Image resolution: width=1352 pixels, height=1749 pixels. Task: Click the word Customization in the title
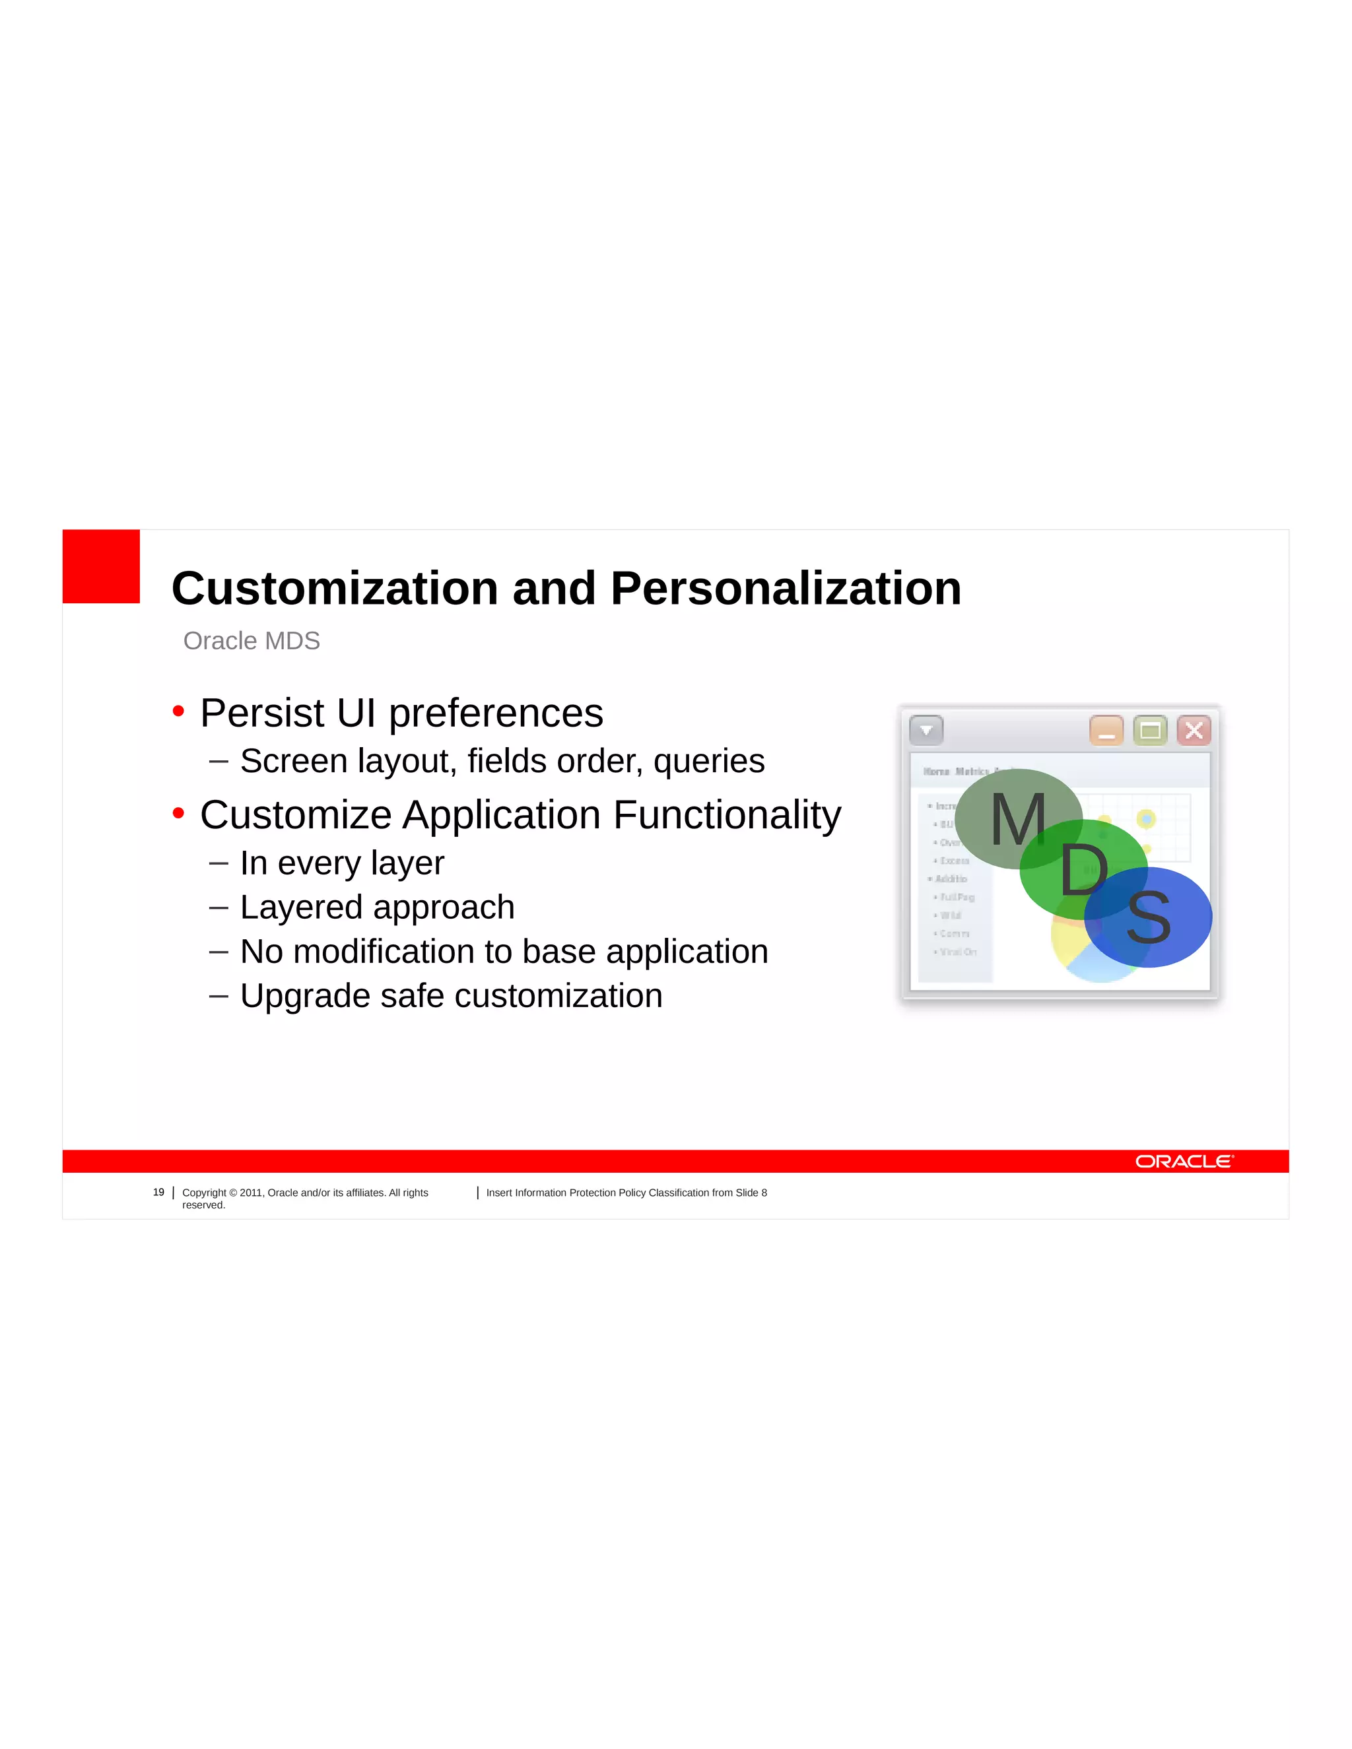(x=335, y=589)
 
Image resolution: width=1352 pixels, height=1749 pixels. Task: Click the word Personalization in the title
(x=786, y=589)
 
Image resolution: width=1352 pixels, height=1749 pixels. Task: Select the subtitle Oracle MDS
(x=252, y=641)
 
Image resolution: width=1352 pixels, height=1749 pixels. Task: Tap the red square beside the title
(x=101, y=566)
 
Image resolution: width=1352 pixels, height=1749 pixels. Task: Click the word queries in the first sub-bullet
(x=709, y=762)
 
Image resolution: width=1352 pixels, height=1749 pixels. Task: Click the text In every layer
(x=342, y=863)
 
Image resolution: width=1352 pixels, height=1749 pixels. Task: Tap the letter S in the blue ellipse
(x=1148, y=918)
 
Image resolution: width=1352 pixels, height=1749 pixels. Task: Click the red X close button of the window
(x=1194, y=731)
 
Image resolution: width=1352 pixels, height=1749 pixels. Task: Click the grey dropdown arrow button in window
(x=927, y=731)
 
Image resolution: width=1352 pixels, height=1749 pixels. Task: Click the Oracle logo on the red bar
(x=1184, y=1161)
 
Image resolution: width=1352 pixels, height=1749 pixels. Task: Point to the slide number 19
(x=158, y=1193)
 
